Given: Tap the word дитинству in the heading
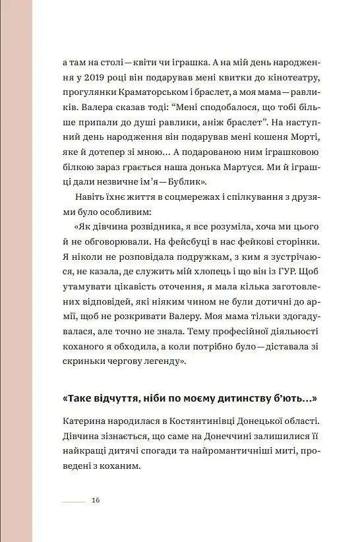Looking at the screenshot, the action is point(249,401).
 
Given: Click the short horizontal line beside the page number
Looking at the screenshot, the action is point(74,501).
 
